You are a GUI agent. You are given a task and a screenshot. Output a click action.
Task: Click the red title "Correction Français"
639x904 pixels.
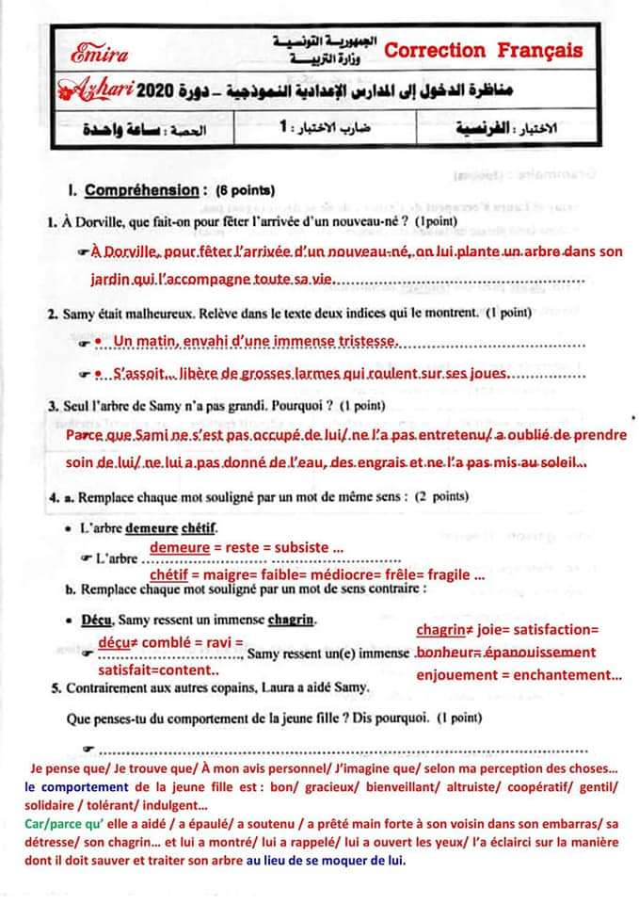(484, 51)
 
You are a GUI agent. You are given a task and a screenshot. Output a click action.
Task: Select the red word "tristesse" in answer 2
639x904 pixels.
(360, 341)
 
